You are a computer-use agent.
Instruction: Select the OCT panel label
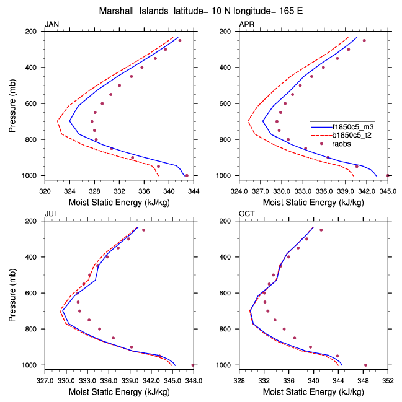coord(246,214)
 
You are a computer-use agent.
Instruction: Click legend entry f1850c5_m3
coord(352,126)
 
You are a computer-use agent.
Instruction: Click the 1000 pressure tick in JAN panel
coord(33,176)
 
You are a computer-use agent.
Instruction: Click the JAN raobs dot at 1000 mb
coord(187,175)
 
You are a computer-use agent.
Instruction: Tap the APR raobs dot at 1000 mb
coord(388,175)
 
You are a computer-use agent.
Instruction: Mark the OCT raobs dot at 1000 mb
coord(365,365)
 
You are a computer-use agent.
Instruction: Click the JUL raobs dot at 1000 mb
coord(193,365)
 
